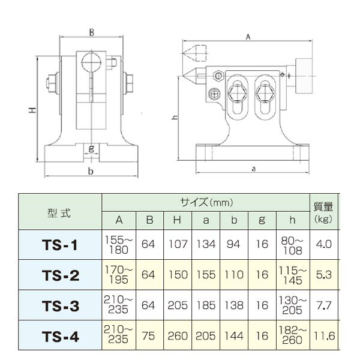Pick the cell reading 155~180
click(x=119, y=245)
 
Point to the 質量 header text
click(x=325, y=206)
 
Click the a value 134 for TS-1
click(x=206, y=245)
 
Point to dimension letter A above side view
click(x=248, y=37)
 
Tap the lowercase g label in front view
click(x=90, y=148)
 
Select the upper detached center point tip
click(x=193, y=51)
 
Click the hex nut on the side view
click(x=217, y=75)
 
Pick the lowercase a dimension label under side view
click(x=254, y=169)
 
